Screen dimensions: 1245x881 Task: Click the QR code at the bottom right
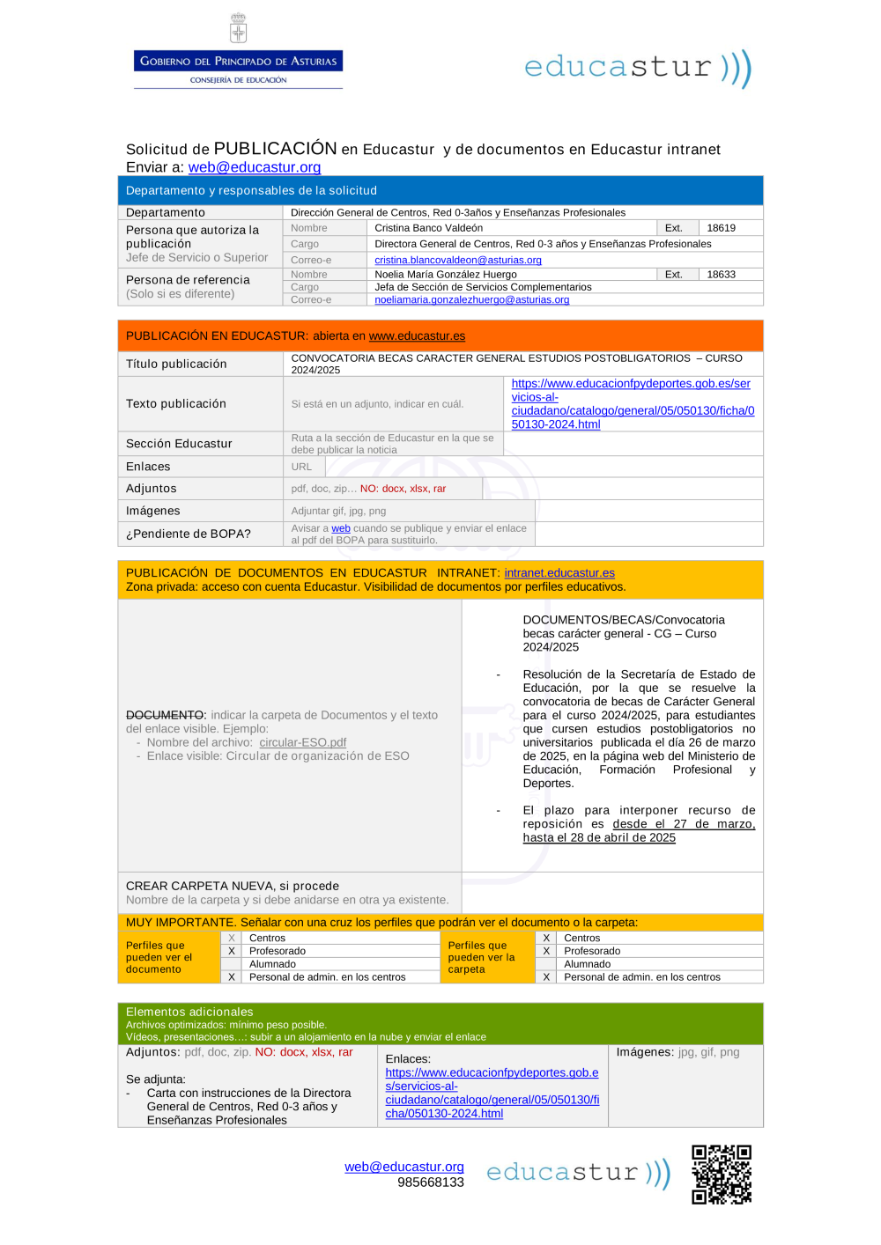(x=722, y=1174)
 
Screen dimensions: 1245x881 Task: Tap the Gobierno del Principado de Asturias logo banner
(x=238, y=62)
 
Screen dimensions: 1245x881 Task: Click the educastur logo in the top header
(x=638, y=68)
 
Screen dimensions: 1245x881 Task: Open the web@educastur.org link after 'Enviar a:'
(x=255, y=167)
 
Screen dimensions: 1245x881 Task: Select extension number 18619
(x=721, y=228)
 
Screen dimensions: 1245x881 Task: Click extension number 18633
(x=721, y=275)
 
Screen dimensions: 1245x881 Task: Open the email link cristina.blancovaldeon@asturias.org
(x=458, y=261)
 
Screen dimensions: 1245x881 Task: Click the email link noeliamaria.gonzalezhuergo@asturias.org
(x=472, y=300)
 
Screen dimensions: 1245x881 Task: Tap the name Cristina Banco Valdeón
(x=429, y=228)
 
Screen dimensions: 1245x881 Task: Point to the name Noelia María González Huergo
(x=446, y=275)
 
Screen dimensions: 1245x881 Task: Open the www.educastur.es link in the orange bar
(x=417, y=336)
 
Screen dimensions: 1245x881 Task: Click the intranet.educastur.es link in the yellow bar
(x=559, y=573)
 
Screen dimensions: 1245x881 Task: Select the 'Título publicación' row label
(x=176, y=364)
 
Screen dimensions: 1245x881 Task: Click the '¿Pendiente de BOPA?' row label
(x=189, y=534)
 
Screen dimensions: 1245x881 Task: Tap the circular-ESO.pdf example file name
(x=303, y=742)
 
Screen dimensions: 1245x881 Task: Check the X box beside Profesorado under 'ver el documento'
(x=232, y=951)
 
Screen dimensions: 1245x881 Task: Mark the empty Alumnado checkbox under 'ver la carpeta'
(x=546, y=964)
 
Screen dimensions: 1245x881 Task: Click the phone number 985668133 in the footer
(x=430, y=1182)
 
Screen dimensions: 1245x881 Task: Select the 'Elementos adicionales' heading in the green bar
(x=189, y=1012)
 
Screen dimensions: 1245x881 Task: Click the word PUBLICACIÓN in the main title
(x=275, y=148)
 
